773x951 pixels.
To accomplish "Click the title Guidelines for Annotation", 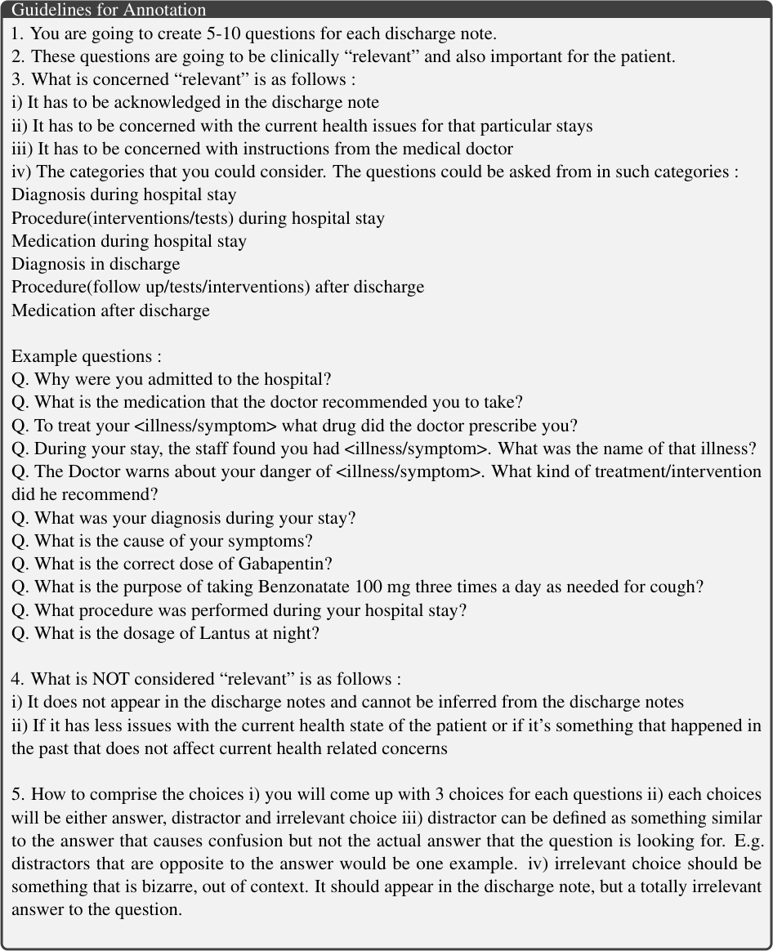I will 109,10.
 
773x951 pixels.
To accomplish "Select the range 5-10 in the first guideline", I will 226,34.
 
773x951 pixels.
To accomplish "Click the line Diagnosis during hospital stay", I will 124,195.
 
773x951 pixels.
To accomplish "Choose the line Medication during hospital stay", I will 129,241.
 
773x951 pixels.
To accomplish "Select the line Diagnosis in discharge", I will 96,264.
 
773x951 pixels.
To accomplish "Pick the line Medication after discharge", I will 110,310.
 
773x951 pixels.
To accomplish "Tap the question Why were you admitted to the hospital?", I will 172,379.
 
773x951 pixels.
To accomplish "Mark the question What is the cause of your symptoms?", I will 163,541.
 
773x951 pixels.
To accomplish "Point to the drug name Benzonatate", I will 302,587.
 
